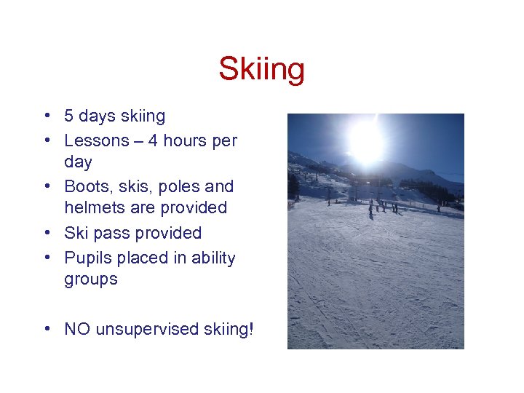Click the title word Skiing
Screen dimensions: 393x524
261,71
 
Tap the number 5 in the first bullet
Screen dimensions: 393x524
68,116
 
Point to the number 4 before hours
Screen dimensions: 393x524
153,140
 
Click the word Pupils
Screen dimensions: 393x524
87,258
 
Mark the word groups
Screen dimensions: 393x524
91,280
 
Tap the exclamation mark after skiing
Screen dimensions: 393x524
252,329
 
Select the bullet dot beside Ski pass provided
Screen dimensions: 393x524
46,234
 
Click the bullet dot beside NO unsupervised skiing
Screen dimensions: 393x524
46,330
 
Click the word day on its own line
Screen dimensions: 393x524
78,162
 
